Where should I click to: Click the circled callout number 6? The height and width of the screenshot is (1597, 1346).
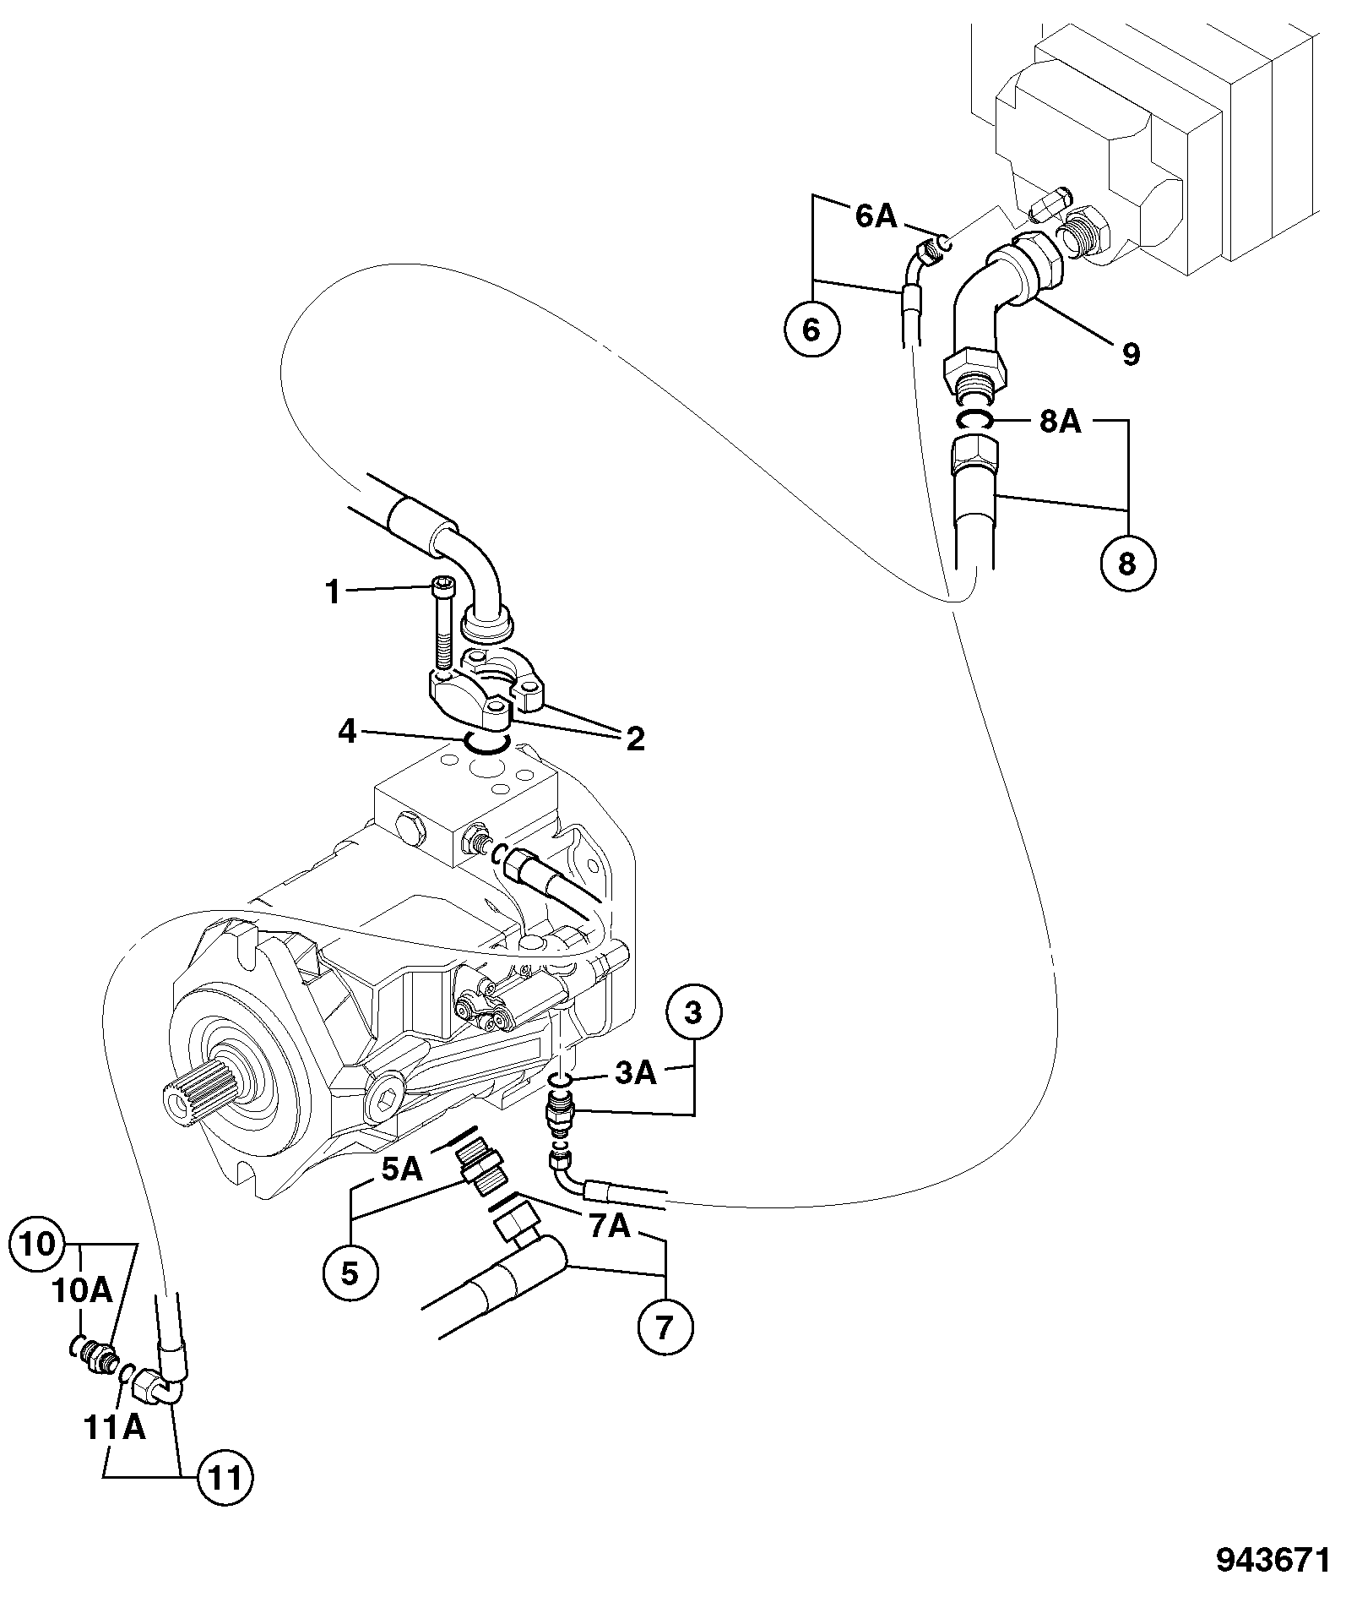[811, 330]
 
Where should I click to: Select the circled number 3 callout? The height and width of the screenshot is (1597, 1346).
[693, 1013]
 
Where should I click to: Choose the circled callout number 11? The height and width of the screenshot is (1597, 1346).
[225, 1478]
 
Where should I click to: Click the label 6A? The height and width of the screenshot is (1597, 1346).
[876, 216]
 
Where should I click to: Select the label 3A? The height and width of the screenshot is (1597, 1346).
[635, 1073]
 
